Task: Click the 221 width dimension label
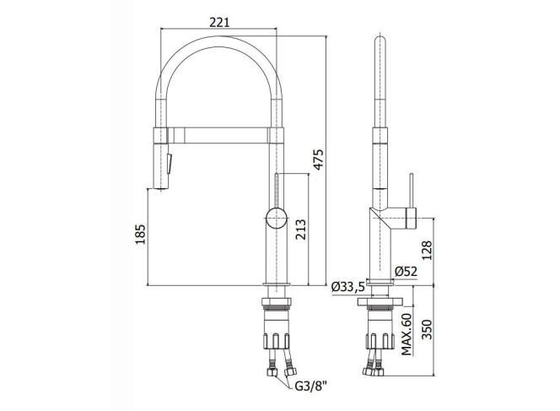point(219,22)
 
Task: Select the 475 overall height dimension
point(318,159)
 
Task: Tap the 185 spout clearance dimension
point(140,234)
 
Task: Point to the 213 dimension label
point(300,230)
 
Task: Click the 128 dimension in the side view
point(427,250)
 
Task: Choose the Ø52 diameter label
point(406,272)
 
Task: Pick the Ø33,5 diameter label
point(348,287)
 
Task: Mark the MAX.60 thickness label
point(406,334)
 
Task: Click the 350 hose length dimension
point(427,329)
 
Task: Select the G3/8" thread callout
point(311,387)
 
